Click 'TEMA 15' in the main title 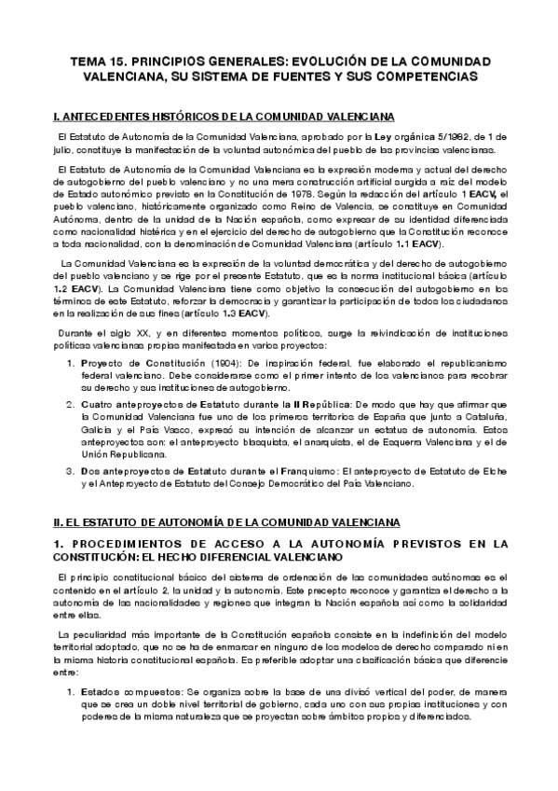[x=104, y=61]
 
